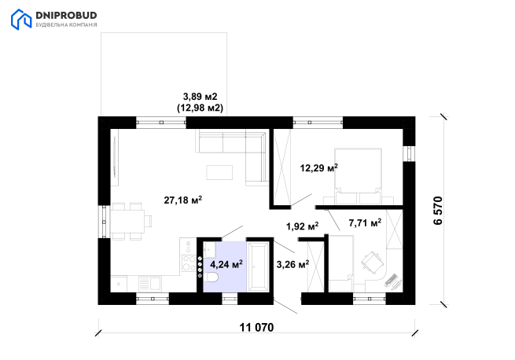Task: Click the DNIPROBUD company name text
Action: coord(66,16)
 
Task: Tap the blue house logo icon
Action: coord(21,20)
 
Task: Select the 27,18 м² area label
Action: coord(183,200)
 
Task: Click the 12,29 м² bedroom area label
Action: coord(319,168)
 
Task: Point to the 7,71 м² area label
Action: coord(365,223)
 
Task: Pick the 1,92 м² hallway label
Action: coord(302,226)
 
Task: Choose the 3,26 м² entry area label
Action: coord(292,264)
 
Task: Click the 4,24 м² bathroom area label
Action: coord(226,264)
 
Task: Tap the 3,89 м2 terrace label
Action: coord(200,97)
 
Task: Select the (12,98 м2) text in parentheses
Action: coord(200,108)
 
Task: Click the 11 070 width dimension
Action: coord(256,328)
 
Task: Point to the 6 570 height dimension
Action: coord(438,211)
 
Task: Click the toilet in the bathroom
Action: coord(211,277)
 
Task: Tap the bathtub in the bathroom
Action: coord(258,266)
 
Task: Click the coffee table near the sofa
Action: coord(219,172)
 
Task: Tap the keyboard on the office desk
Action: coord(391,280)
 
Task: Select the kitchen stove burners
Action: coord(189,263)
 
